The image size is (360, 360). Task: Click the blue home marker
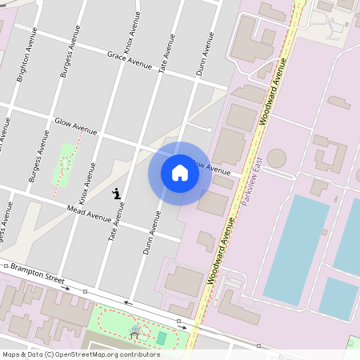(180, 174)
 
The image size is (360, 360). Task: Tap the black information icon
(117, 193)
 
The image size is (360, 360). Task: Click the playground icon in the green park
(134, 330)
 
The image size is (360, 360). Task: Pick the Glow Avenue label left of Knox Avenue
(75, 126)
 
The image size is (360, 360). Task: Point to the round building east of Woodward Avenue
(277, 158)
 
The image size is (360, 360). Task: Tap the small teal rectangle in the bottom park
(162, 338)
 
